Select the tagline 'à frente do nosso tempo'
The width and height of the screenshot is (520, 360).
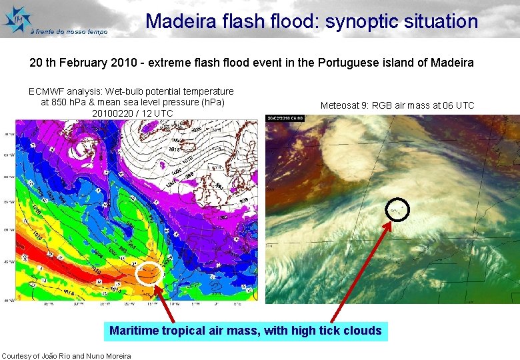click(x=69, y=31)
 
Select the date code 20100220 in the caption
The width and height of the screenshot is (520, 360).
click(x=111, y=113)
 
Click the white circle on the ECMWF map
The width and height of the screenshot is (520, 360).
click(x=148, y=273)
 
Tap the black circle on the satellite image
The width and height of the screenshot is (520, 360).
click(x=397, y=210)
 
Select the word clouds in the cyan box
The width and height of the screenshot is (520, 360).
click(x=364, y=331)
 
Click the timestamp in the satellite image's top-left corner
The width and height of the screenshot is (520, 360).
click(x=283, y=119)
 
